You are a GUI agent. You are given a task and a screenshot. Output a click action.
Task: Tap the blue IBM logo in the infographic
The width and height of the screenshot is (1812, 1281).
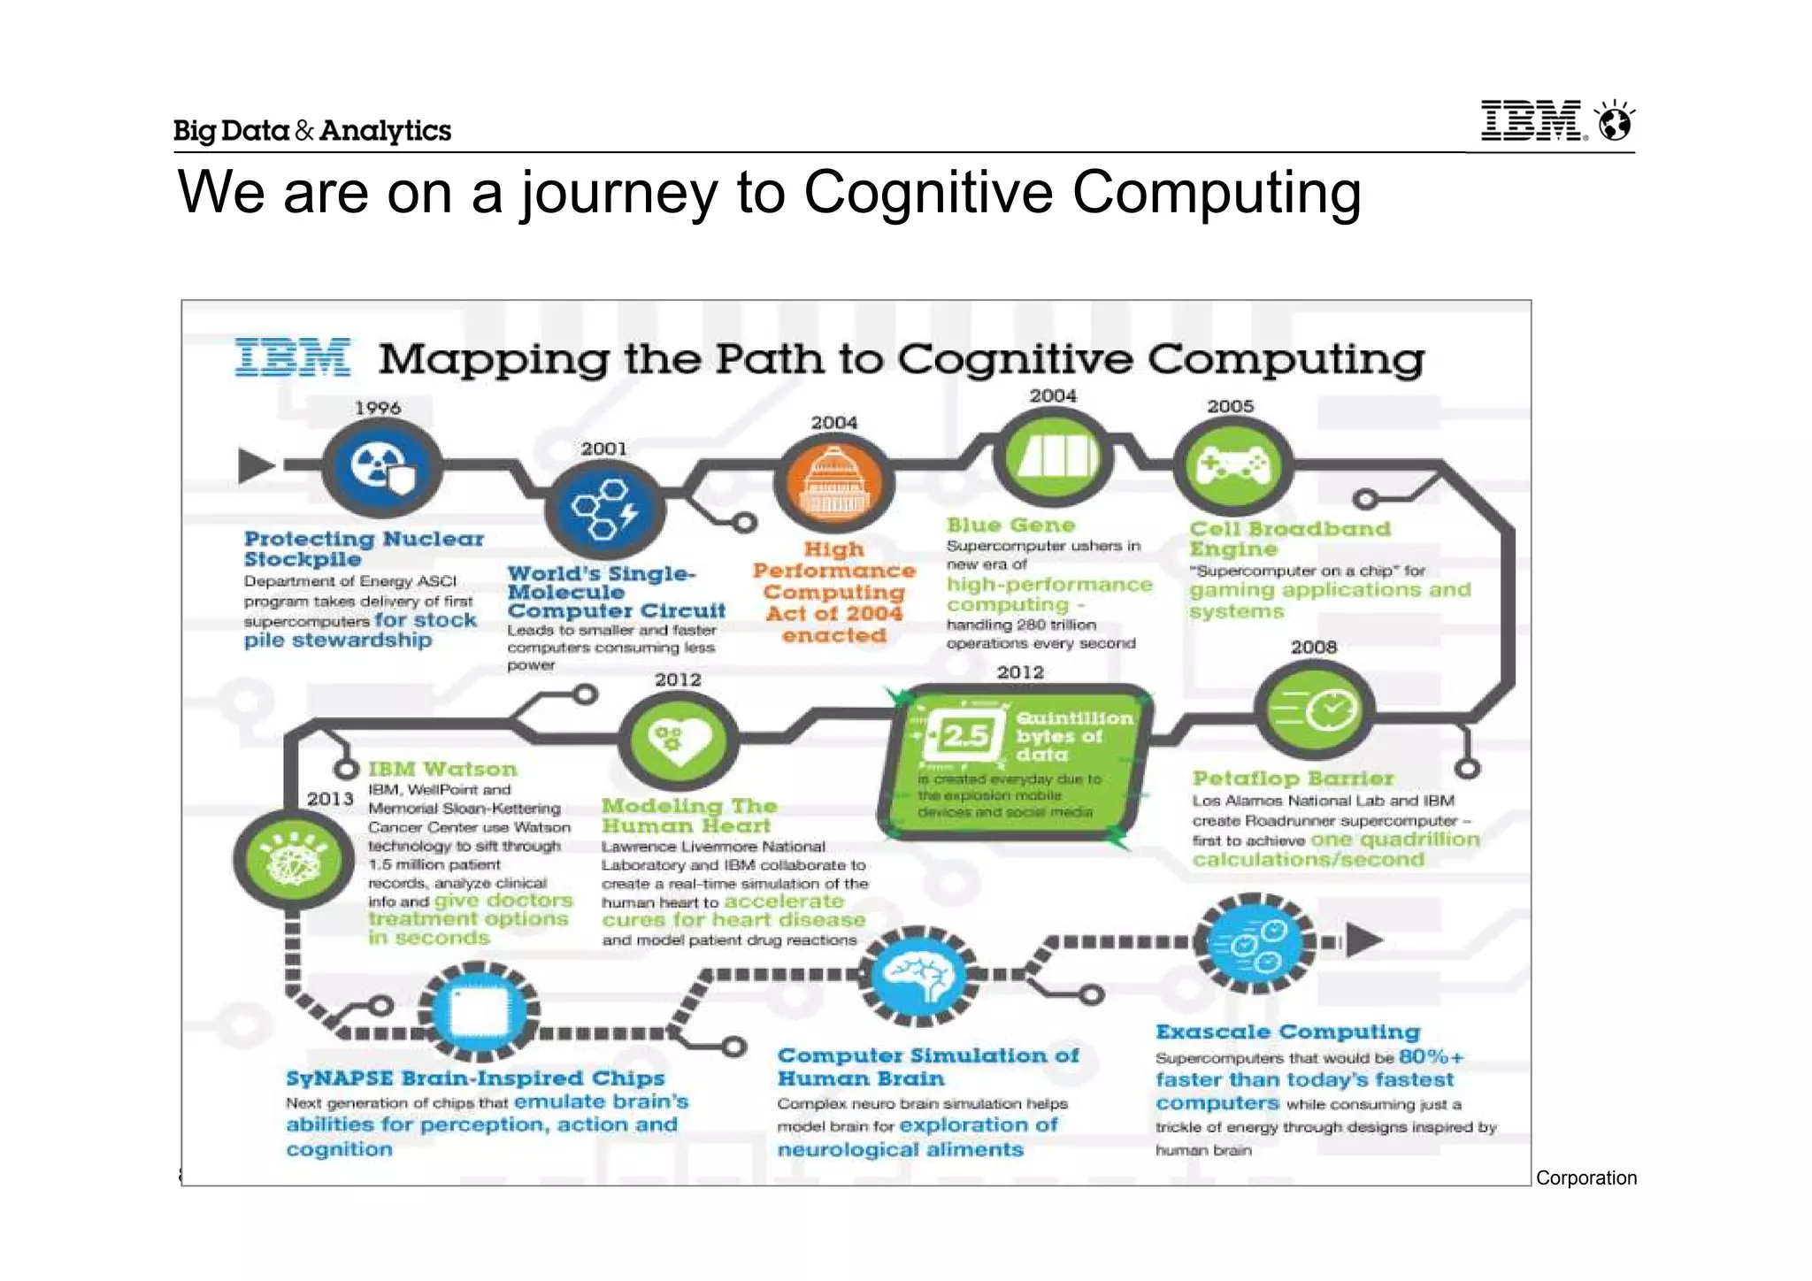coord(292,358)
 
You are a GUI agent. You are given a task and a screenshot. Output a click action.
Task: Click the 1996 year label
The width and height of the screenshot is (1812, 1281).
coord(378,408)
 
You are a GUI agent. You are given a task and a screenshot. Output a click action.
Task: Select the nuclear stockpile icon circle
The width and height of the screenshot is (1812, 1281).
coord(381,467)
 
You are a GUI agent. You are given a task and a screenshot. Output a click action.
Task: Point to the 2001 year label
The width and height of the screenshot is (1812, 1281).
coord(603,449)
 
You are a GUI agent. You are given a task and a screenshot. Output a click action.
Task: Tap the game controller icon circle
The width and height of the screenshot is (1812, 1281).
coord(1232,465)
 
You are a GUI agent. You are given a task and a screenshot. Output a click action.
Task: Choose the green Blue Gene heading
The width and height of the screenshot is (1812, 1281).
coord(1010,525)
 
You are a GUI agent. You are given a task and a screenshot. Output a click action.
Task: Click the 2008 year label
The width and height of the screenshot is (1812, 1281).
coord(1313,647)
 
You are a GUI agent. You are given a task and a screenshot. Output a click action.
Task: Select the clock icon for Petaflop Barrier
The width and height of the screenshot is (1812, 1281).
coord(1314,710)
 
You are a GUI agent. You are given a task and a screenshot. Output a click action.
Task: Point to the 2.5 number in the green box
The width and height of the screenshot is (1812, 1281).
coord(964,735)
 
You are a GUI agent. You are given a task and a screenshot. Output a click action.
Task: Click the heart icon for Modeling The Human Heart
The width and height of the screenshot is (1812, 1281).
coord(678,740)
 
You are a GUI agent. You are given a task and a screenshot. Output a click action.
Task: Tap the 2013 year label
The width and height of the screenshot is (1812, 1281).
coord(330,799)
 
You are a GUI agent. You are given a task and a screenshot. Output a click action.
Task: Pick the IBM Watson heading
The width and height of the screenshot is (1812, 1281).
coord(442,769)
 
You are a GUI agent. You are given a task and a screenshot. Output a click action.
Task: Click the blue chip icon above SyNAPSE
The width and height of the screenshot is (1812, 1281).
coord(479,1011)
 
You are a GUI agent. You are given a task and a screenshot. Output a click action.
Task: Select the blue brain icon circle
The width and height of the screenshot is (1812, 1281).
coord(920,976)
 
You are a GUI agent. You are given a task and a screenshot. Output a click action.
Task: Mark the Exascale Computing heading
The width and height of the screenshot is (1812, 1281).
coord(1287,1032)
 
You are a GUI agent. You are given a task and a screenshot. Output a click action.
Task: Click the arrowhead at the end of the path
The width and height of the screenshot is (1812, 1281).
coord(1363,940)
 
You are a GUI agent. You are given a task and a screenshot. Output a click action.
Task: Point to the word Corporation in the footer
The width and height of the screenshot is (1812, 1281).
coord(1586,1177)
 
